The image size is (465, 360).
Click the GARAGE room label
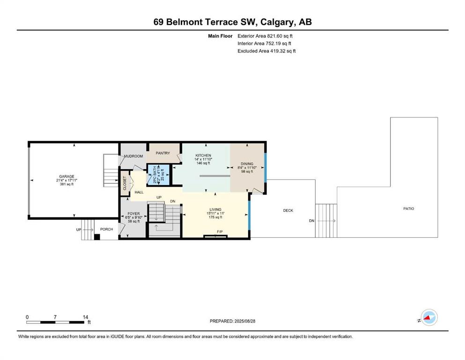66,176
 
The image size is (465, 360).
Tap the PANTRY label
163,153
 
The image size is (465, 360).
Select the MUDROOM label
133,156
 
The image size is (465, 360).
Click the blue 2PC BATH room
159,174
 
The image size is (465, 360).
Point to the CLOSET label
125,183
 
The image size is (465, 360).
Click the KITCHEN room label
203,156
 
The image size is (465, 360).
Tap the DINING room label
247,164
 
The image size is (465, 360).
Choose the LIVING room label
215,210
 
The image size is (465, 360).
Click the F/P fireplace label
220,232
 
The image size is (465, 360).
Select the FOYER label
133,214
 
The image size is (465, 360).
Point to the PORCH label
106,229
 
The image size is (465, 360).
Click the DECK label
288,210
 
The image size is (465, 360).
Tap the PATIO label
409,209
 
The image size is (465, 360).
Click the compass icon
429,317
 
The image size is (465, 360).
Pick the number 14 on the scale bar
85,317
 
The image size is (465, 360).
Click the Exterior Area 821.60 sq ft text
265,36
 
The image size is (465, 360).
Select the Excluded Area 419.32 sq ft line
266,51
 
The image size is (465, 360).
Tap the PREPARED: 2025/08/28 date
232,321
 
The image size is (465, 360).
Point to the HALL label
139,192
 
